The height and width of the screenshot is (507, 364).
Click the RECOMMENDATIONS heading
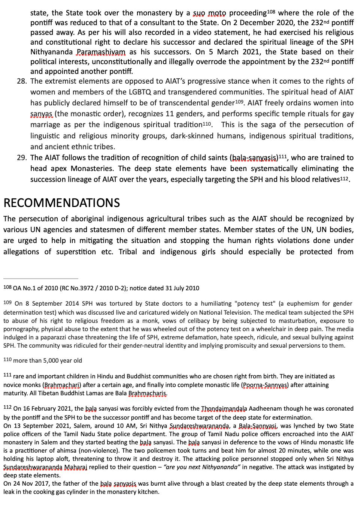(x=62, y=203)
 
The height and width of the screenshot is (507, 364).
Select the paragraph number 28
(x=21, y=81)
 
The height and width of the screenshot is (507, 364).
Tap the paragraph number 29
(x=21, y=158)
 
